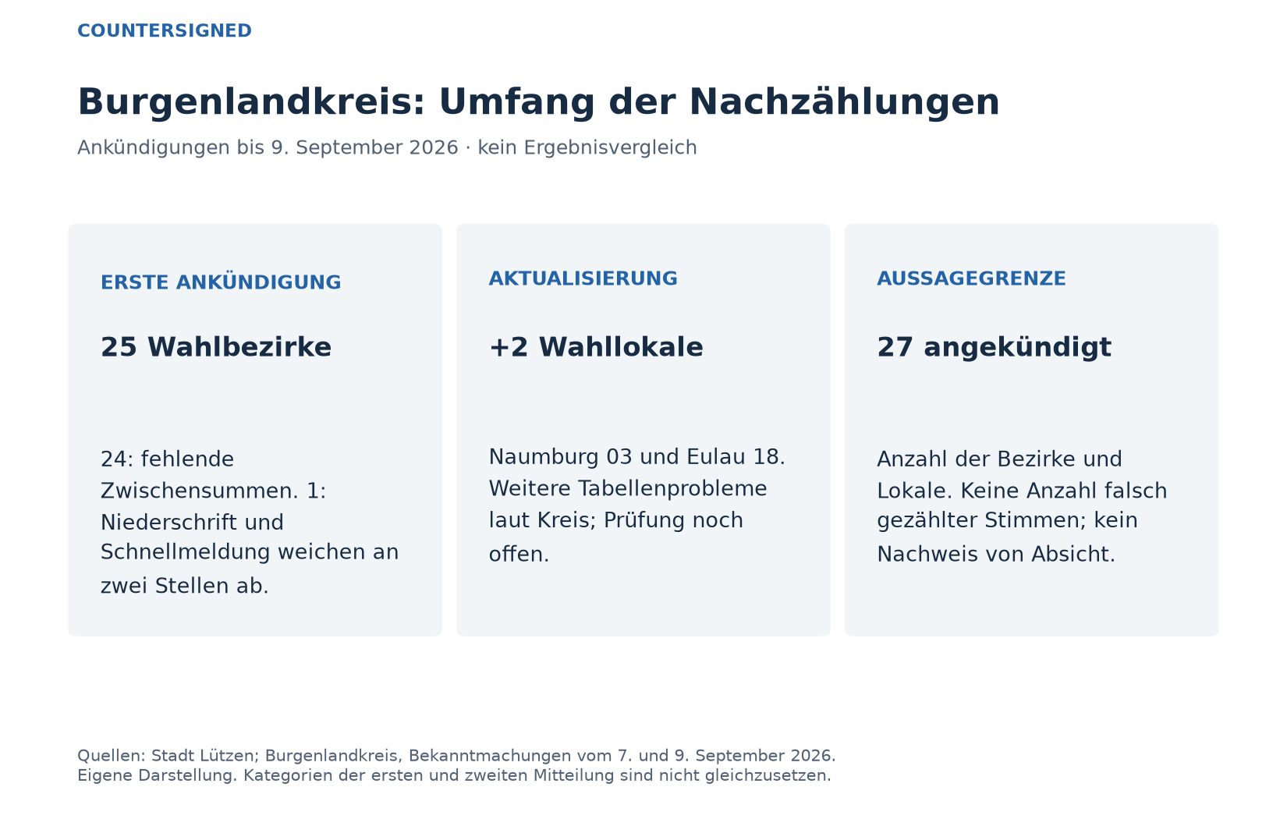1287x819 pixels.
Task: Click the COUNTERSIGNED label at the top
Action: pyautogui.click(x=165, y=30)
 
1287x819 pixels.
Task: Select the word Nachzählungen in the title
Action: pyautogui.click(x=844, y=103)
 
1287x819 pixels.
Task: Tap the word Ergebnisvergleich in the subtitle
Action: pyautogui.click(x=610, y=147)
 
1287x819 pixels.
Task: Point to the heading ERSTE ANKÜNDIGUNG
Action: pyautogui.click(x=221, y=282)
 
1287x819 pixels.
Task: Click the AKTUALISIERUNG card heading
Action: pyautogui.click(x=583, y=278)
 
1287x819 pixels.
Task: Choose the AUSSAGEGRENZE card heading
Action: pyautogui.click(x=971, y=278)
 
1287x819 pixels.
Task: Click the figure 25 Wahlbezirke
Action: pyautogui.click(x=216, y=347)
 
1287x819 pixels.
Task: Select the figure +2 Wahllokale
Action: pyautogui.click(x=596, y=347)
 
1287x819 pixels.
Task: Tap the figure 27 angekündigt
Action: pyautogui.click(x=994, y=348)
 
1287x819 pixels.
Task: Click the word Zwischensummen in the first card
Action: pyautogui.click(x=200, y=491)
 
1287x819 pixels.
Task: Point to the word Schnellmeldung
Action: pyautogui.click(x=186, y=551)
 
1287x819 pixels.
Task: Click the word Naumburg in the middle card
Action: pyautogui.click(x=544, y=458)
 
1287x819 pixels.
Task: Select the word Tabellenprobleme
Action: pyautogui.click(x=672, y=488)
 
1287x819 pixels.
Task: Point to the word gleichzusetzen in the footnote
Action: pyautogui.click(x=768, y=776)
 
